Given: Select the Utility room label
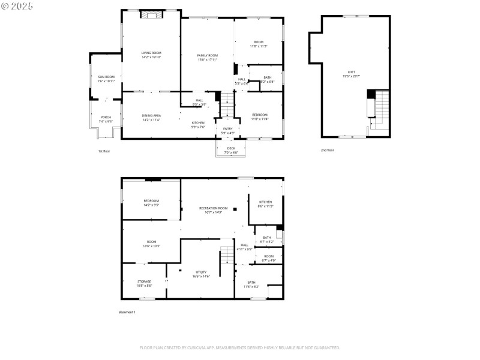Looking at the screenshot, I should [x=201, y=274].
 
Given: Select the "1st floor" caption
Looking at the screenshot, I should [x=104, y=151].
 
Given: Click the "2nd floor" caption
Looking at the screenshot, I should [x=327, y=150].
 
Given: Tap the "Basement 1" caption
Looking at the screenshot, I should [x=127, y=312].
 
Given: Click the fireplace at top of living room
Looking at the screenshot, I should [x=152, y=14].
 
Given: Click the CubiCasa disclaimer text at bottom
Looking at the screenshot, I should [x=240, y=347].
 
